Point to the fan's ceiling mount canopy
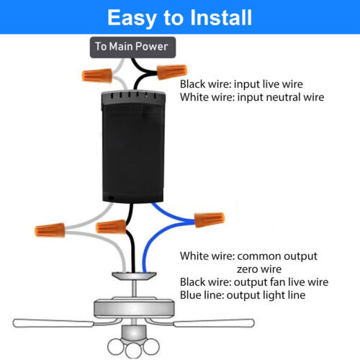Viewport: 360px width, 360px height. pyautogui.click(x=135, y=275)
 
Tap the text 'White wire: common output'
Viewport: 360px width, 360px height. pyautogui.click(x=249, y=256)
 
